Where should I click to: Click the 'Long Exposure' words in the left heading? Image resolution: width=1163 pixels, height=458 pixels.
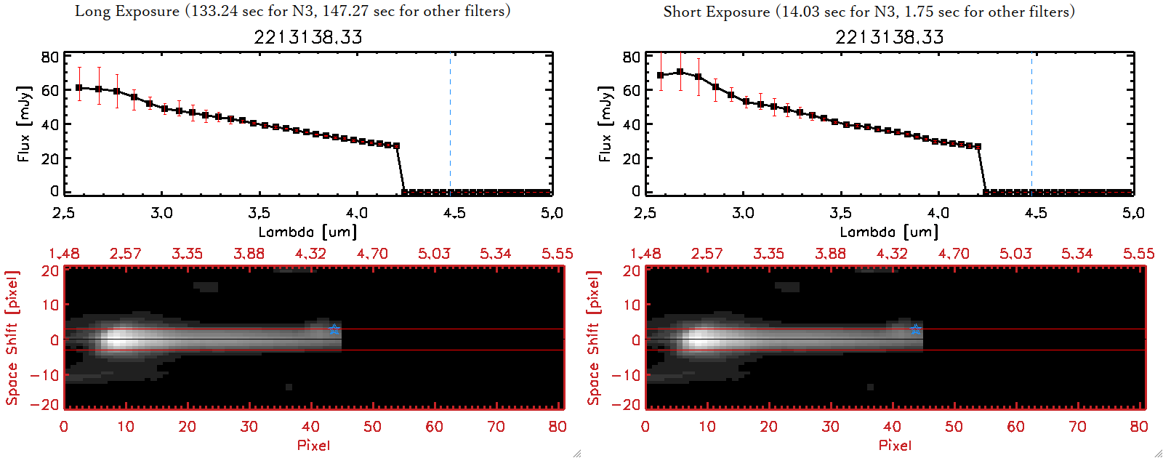[127, 11]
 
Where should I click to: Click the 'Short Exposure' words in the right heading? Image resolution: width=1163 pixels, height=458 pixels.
[716, 12]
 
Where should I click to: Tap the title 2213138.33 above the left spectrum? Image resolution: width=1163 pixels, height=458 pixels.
[307, 37]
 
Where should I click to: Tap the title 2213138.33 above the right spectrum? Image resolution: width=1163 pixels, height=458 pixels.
[889, 37]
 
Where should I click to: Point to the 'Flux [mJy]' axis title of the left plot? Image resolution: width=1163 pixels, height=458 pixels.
[24, 124]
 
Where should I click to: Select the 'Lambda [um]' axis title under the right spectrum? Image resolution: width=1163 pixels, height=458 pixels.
[889, 232]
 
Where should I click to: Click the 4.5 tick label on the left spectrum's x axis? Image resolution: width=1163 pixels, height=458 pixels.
[454, 213]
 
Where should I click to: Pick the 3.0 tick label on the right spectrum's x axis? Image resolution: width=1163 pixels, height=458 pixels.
[743, 213]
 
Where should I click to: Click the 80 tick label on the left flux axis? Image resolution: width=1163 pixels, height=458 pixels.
[50, 57]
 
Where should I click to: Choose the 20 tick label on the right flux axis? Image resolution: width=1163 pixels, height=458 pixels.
[632, 158]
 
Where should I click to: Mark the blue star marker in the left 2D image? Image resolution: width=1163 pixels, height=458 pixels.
[334, 329]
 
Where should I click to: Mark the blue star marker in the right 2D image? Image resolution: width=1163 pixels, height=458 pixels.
[916, 329]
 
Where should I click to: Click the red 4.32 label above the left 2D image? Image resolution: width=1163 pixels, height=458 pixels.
[310, 254]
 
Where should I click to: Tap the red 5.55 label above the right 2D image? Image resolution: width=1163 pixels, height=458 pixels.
[1138, 254]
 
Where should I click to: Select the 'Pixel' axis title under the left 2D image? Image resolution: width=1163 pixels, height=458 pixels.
[313, 445]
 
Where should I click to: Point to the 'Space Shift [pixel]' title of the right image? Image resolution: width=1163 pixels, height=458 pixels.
[594, 338]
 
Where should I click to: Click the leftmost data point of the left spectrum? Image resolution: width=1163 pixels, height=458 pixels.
[79, 88]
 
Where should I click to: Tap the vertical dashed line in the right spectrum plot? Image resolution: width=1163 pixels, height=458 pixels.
[1031, 124]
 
